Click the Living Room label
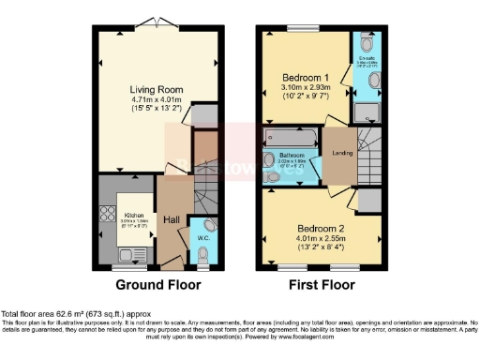157,89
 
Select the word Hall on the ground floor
172,218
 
